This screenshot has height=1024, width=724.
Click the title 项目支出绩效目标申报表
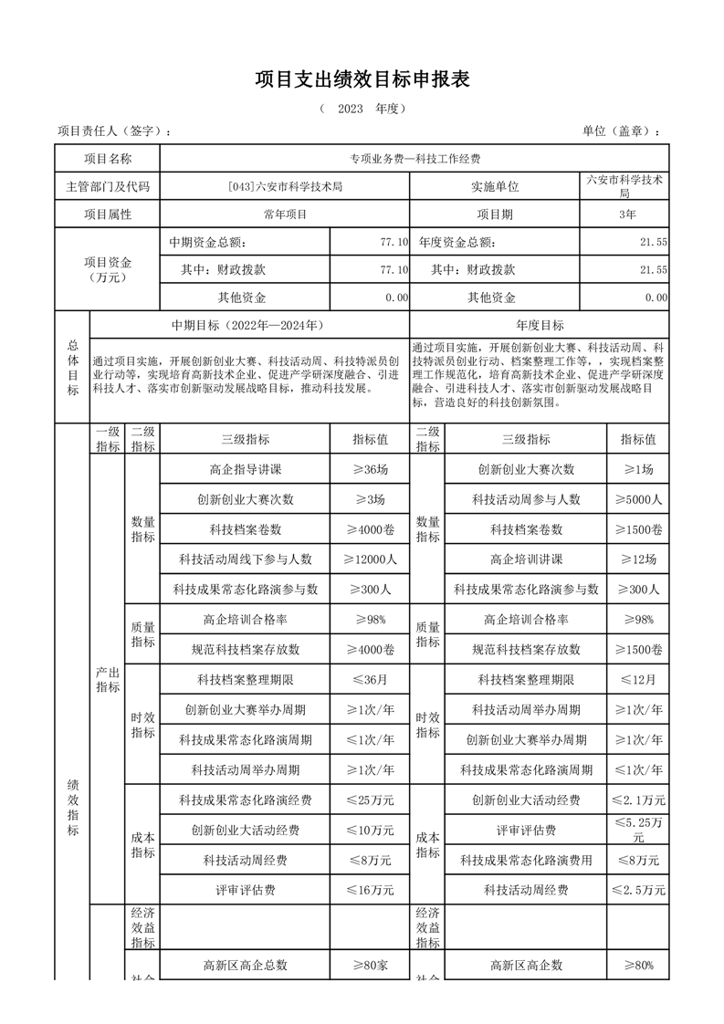pos(362,79)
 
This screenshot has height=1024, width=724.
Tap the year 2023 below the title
pos(351,109)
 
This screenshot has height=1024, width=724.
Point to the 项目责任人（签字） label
pos(113,131)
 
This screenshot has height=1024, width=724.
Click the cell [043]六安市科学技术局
pos(285,187)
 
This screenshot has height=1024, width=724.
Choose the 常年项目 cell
pos(285,214)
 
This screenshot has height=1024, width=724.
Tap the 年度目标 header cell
pos(540,325)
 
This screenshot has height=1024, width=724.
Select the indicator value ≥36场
pos(369,469)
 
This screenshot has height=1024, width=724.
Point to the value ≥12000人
pos(369,559)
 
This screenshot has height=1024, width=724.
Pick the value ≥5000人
pos(637,499)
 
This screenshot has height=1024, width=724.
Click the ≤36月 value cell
pos(369,679)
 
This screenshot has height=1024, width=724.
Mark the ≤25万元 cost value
pos(369,799)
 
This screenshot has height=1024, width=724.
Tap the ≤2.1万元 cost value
pos(637,799)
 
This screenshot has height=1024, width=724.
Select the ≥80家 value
pos(369,964)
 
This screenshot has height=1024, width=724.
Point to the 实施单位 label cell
pos(494,187)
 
